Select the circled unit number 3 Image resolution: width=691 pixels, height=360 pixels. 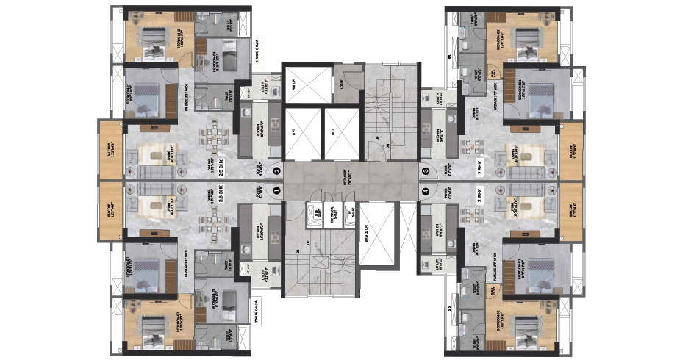click(426, 171)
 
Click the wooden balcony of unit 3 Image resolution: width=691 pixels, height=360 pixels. click(571, 151)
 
